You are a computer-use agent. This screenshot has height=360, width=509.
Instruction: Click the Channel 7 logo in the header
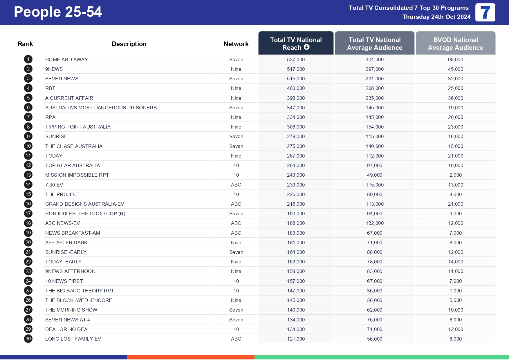click(485, 12)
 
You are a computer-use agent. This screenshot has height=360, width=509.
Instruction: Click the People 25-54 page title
click(58, 12)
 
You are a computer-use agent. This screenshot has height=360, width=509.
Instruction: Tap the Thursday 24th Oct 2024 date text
click(436, 17)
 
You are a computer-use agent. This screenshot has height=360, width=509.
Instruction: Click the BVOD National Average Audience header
click(455, 44)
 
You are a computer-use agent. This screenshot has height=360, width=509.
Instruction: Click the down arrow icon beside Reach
click(307, 47)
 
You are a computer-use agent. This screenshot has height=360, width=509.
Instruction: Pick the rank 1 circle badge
click(28, 59)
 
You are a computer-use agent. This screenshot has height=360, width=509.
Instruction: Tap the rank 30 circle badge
click(28, 339)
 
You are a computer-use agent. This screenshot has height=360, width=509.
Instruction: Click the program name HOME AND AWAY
click(66, 59)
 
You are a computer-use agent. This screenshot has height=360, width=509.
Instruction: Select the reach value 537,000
click(296, 59)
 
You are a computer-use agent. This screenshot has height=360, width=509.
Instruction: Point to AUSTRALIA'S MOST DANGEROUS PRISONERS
click(101, 108)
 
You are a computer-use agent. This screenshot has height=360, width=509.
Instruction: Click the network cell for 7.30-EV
click(236, 185)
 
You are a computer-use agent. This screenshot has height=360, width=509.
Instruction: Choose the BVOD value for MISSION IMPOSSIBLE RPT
click(455, 175)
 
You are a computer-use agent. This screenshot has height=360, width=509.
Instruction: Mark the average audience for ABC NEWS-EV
click(374, 223)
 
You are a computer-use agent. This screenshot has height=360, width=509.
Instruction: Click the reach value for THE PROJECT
click(296, 194)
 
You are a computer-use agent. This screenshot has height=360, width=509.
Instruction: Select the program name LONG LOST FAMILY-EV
click(73, 339)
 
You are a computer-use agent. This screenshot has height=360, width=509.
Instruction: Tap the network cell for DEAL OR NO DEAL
click(236, 329)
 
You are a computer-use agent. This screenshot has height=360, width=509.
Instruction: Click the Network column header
click(236, 44)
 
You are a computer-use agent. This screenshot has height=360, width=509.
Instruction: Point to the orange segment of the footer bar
click(191, 357)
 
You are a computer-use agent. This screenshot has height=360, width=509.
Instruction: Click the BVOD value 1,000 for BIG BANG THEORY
click(455, 291)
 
